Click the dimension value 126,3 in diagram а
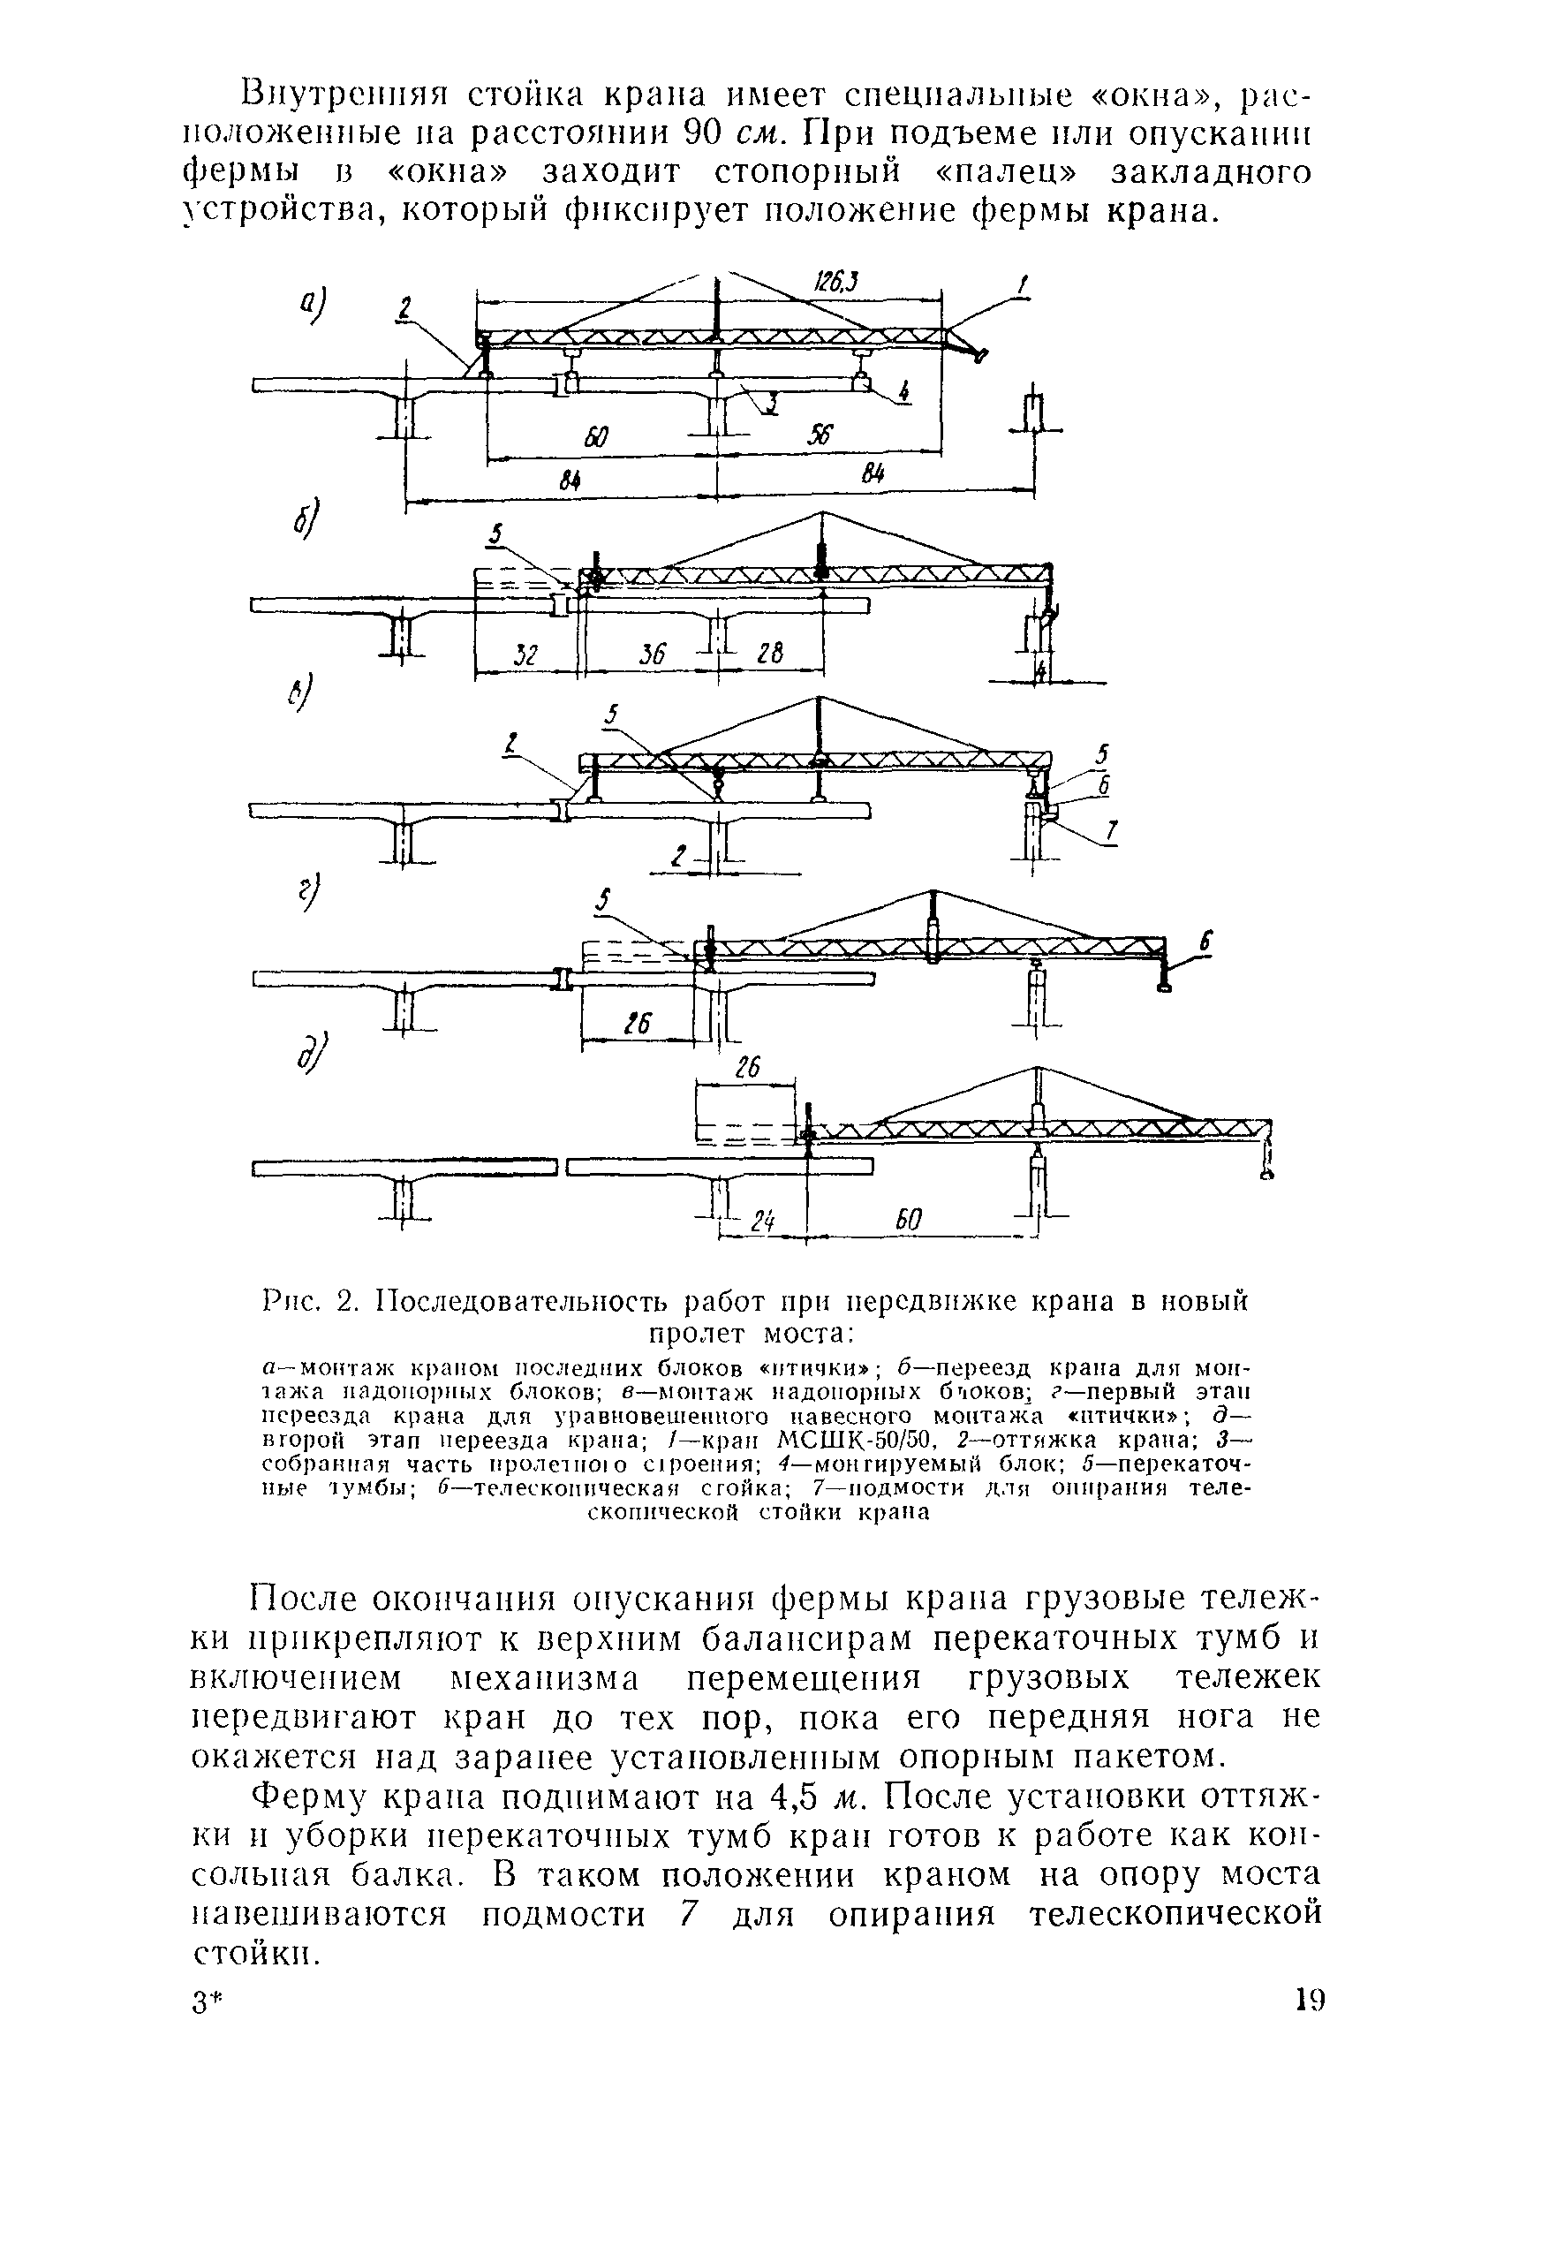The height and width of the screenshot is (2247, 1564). tap(835, 284)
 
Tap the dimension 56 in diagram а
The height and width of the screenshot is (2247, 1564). tap(819, 436)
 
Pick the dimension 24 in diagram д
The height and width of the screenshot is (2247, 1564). tap(763, 1222)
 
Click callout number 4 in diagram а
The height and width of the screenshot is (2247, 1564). tap(904, 392)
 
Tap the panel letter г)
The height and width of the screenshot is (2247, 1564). tap(310, 894)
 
